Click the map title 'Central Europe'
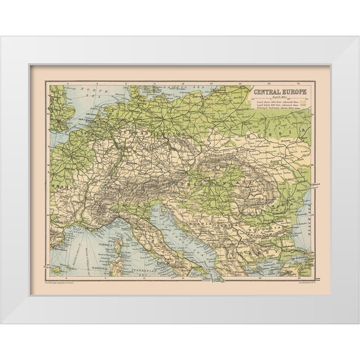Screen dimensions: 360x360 tap(280, 92)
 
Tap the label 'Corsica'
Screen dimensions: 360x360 tap(107, 244)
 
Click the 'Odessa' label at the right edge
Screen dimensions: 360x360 tap(319, 184)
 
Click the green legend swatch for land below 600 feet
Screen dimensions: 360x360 tap(303, 105)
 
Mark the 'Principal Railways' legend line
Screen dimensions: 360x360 tap(302, 108)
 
